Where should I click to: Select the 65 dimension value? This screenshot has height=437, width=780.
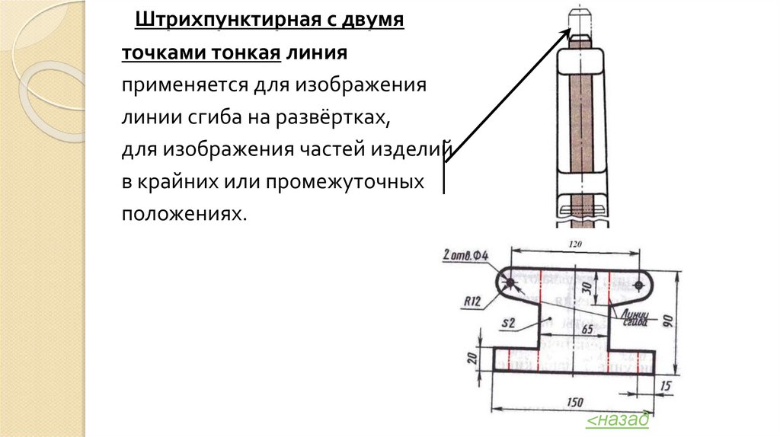click(587, 330)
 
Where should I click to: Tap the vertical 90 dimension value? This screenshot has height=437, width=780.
click(669, 319)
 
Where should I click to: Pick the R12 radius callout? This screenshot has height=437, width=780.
click(472, 301)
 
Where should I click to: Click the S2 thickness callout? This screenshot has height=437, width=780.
click(509, 324)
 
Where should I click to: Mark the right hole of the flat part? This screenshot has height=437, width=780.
click(639, 285)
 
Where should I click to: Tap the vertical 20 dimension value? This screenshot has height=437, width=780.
click(472, 357)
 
